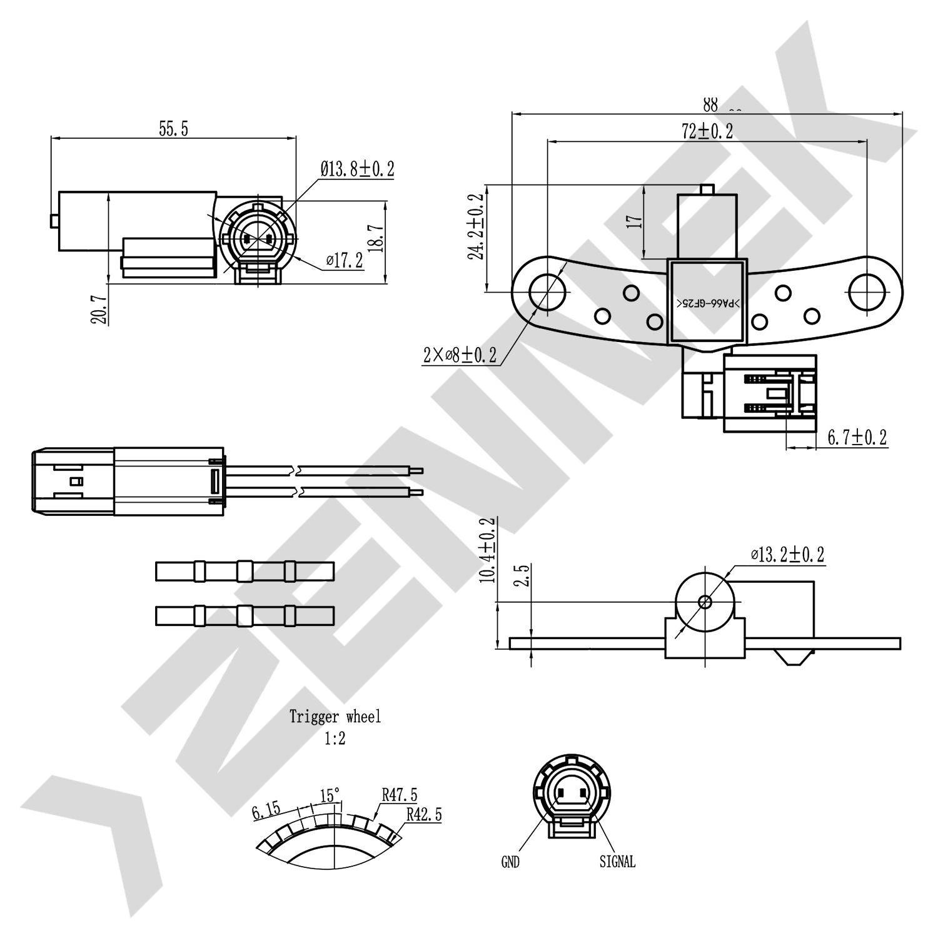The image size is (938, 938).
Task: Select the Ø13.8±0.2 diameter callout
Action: tap(357, 169)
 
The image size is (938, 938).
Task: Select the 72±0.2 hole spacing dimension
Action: tap(707, 131)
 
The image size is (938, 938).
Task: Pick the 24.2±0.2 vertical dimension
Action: tap(477, 226)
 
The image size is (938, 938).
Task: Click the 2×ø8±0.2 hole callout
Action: tap(460, 355)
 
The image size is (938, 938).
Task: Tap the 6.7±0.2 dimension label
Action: tap(857, 438)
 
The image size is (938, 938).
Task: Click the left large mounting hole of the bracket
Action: tap(548, 292)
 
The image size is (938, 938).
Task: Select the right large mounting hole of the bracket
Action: tap(867, 292)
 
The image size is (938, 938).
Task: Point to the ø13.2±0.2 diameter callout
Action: tap(787, 555)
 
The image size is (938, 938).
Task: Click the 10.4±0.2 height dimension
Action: tap(488, 550)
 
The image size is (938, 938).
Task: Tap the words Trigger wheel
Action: tap(335, 717)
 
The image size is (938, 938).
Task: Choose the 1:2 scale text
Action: tap(335, 739)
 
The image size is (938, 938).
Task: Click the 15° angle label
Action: tap(330, 796)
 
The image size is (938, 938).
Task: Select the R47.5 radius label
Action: tap(399, 795)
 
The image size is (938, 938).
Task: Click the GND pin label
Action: tap(510, 862)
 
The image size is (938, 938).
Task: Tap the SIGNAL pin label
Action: tap(617, 862)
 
